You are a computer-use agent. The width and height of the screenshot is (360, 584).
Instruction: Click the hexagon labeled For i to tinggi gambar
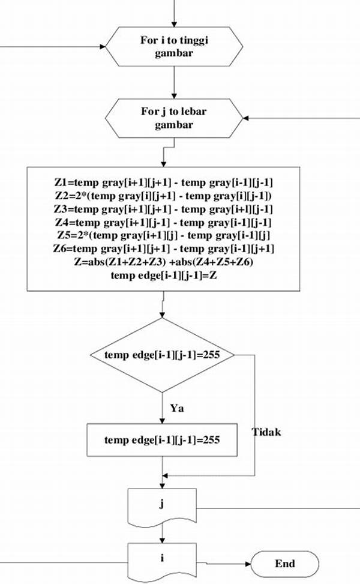point(174,47)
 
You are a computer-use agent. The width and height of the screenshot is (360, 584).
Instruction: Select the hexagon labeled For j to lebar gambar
point(174,118)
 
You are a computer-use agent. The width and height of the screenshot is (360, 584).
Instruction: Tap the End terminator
point(285,564)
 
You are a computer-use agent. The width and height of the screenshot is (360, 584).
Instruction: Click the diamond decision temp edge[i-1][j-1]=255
point(163,355)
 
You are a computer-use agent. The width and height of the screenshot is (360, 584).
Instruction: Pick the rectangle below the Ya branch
point(162,440)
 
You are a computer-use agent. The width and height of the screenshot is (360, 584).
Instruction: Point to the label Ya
point(177,408)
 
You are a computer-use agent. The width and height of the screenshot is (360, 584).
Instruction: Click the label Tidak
point(266,432)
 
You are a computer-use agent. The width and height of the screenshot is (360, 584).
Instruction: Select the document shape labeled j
point(162,505)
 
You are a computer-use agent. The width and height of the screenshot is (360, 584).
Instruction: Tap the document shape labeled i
point(162,560)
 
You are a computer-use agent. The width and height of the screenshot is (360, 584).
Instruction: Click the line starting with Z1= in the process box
point(163,182)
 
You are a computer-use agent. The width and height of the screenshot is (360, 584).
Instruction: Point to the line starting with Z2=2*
point(163,196)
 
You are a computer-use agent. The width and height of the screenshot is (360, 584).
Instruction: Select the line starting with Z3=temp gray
point(163,209)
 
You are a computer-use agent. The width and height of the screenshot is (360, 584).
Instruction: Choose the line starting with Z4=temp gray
point(163,223)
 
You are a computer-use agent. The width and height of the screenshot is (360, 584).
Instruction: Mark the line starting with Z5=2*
point(163,235)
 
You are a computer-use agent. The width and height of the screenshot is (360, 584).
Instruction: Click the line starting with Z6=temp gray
point(163,248)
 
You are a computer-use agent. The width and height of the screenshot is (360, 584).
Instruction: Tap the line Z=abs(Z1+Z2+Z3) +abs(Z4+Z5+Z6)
point(163,262)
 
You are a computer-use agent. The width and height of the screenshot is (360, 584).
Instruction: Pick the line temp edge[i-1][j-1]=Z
point(163,275)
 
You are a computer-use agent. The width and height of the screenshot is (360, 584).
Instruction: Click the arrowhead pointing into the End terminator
point(248,564)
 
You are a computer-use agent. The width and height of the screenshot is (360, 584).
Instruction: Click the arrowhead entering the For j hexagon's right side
point(246,118)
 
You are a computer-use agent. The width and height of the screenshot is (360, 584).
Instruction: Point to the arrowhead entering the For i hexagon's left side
point(103,47)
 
